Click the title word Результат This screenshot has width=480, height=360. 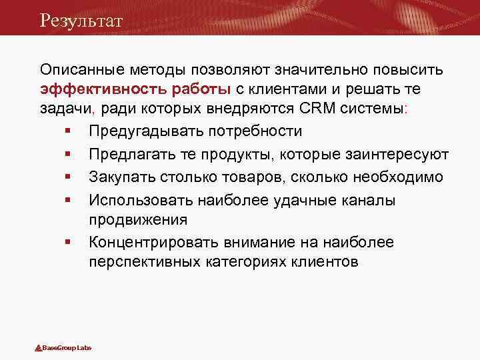tap(81, 20)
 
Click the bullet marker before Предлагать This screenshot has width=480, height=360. tap(69, 155)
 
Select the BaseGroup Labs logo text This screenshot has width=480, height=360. tap(67, 348)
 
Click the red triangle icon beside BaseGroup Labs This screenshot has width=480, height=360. tap(39, 348)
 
